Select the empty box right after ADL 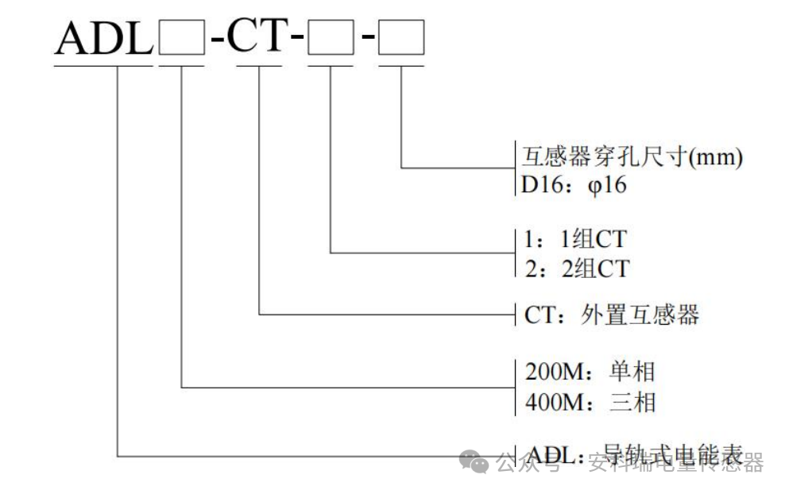click(182, 40)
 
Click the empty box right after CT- click(330, 40)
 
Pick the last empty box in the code click(401, 40)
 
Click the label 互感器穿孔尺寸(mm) click(632, 156)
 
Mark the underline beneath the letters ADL click(103, 65)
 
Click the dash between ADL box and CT click(218, 41)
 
